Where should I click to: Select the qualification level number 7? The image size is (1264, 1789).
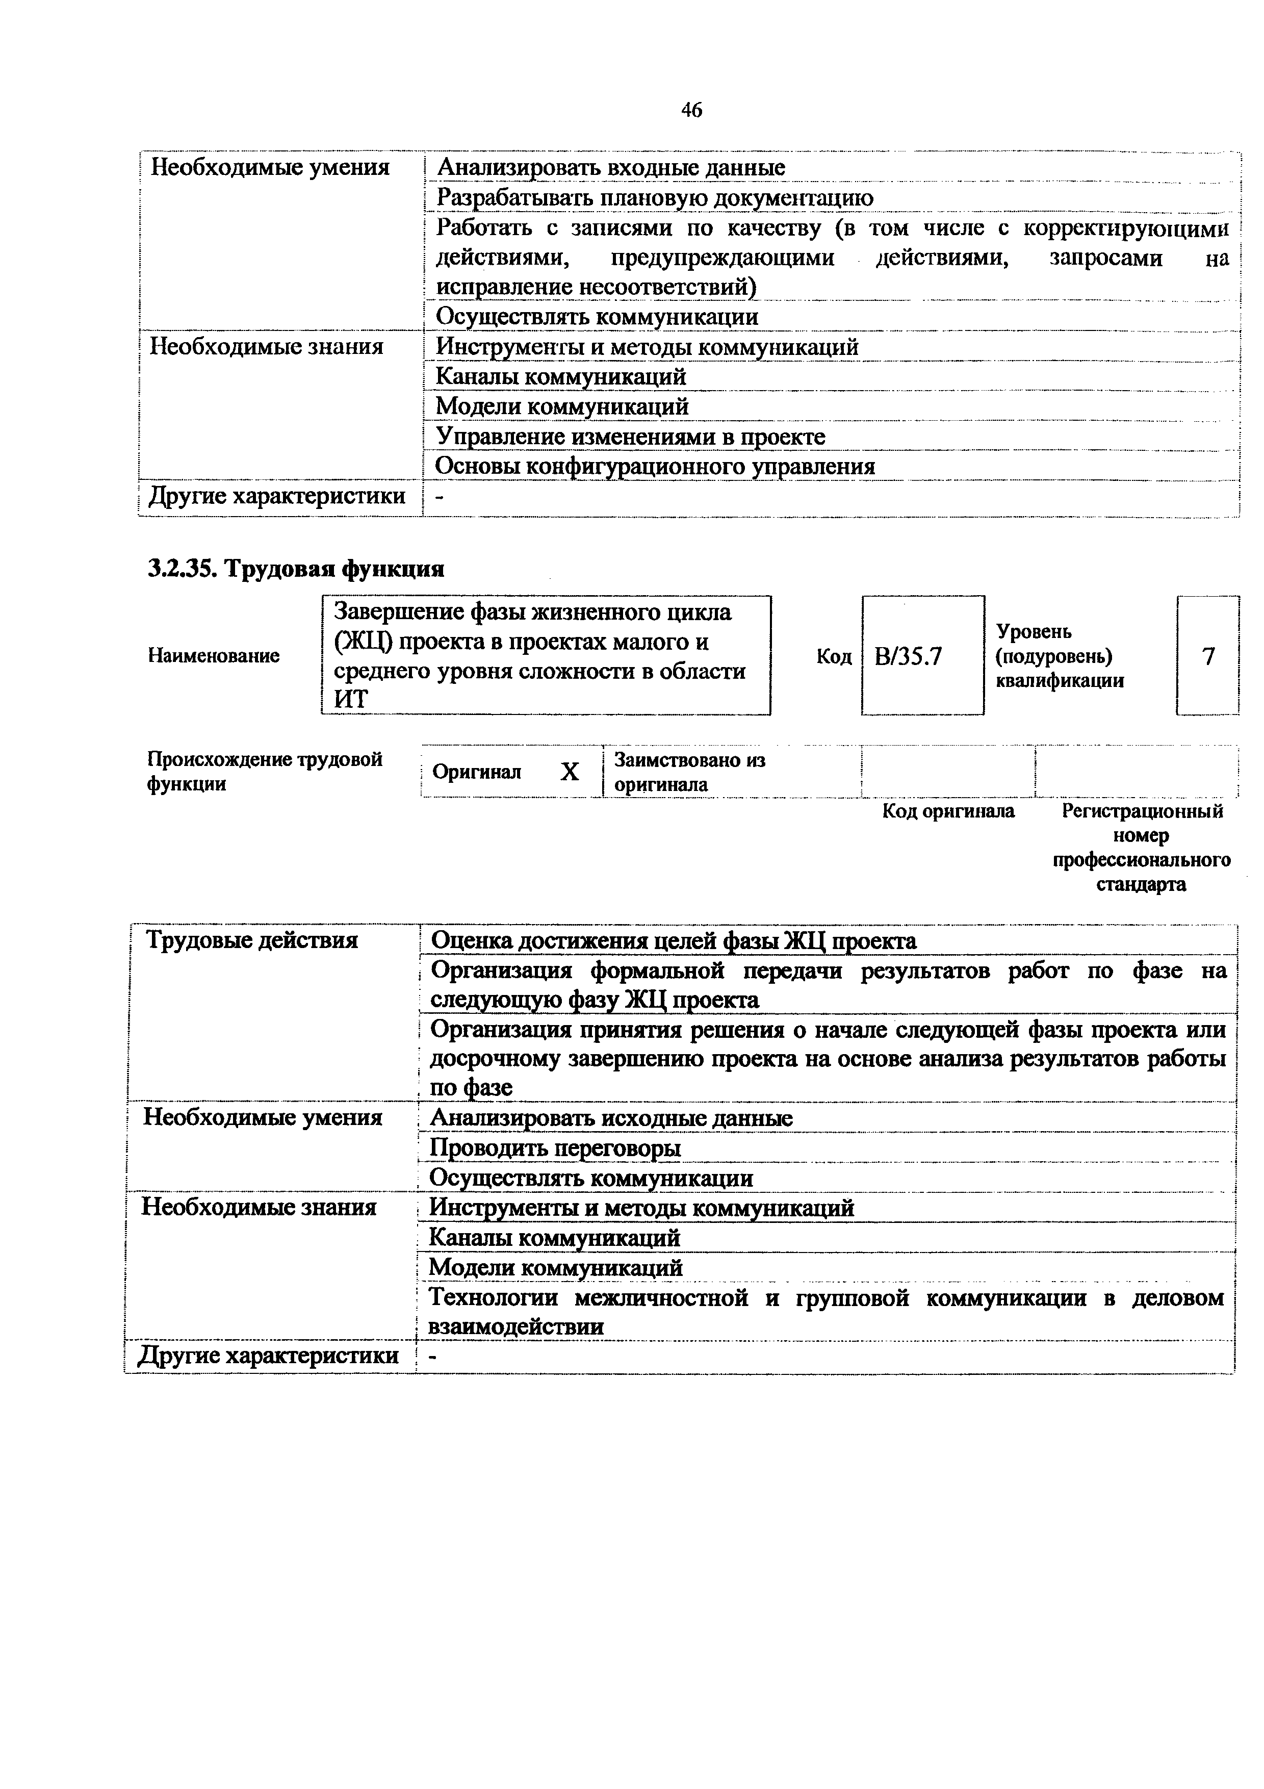1208,657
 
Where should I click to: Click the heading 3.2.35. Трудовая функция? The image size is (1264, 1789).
296,569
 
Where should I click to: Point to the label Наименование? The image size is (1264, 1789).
214,656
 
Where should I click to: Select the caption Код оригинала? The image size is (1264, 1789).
948,811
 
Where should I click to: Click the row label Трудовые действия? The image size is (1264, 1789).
251,940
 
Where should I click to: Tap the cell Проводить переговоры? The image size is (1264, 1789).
555,1148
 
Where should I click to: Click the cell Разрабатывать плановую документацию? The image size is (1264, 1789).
654,198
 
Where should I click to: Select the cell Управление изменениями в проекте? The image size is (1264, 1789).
629,437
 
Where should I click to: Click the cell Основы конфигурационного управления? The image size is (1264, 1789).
654,466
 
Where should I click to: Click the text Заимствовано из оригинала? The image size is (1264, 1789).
689,772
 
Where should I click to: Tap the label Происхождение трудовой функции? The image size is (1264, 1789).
265,771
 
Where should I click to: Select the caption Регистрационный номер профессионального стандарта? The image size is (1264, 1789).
1142,847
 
